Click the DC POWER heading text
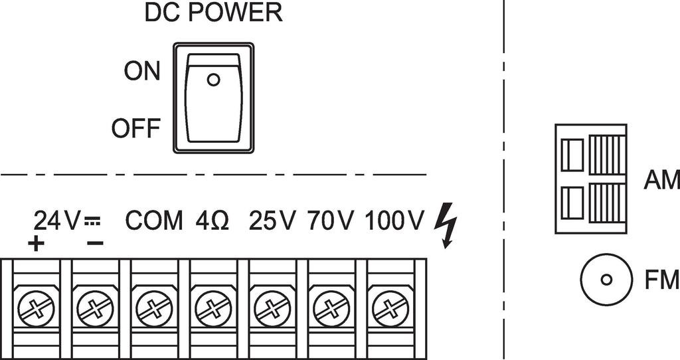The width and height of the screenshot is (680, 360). click(213, 13)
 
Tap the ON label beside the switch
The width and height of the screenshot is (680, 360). click(142, 71)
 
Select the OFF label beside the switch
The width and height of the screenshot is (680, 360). click(136, 128)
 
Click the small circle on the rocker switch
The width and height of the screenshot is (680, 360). click(213, 80)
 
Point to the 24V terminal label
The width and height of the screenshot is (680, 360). click(57, 221)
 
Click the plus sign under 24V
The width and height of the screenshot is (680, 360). click(36, 244)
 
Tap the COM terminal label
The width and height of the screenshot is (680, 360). click(154, 221)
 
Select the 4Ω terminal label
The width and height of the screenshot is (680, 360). click(212, 221)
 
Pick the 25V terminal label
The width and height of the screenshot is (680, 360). click(272, 221)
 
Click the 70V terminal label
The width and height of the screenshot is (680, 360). click(331, 221)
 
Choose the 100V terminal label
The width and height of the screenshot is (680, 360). click(393, 221)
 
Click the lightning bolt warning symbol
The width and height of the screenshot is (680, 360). click(446, 226)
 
